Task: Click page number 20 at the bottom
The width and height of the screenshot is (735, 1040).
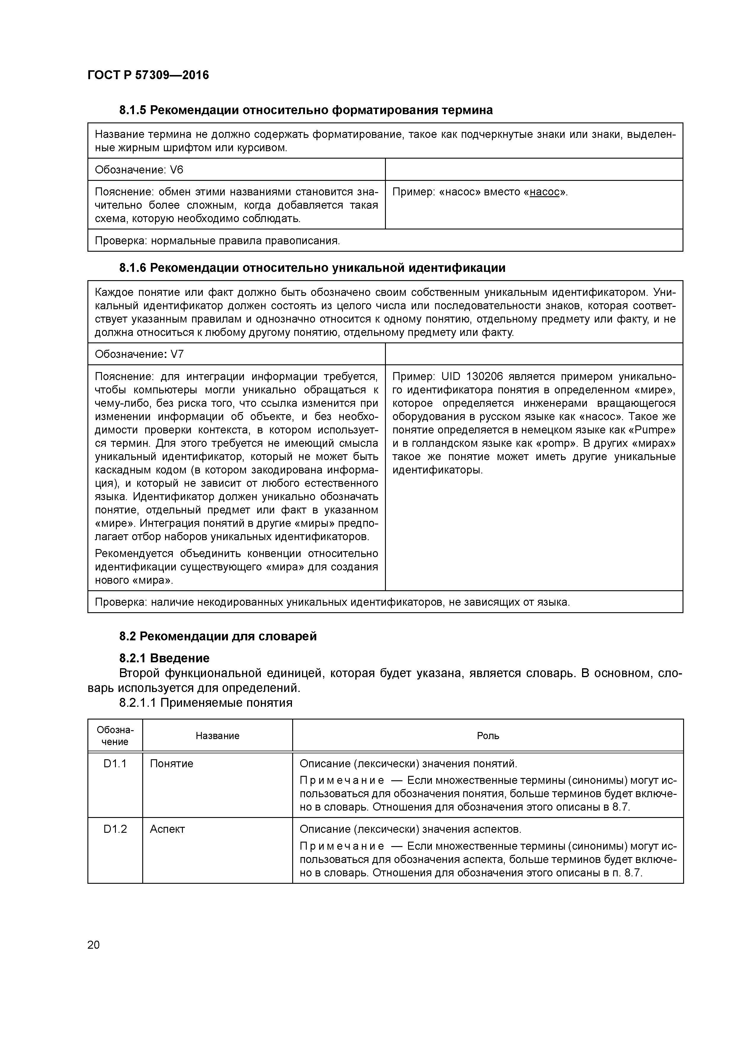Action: coord(94,945)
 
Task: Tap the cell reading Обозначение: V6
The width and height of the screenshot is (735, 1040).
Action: coord(139,170)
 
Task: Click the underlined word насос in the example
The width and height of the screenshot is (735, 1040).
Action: coord(544,192)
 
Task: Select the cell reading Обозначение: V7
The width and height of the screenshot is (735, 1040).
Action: coord(139,354)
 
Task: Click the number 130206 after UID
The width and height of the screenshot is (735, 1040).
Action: coord(484,377)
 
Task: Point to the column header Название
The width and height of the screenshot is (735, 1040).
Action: coord(217,736)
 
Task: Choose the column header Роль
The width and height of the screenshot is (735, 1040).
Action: coord(488,736)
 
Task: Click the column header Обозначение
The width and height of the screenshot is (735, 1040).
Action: coord(115,736)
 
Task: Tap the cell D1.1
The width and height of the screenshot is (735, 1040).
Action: coord(115,764)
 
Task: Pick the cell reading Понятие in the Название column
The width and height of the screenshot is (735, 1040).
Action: coord(172,764)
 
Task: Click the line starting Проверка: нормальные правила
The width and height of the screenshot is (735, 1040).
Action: coord(217,240)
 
